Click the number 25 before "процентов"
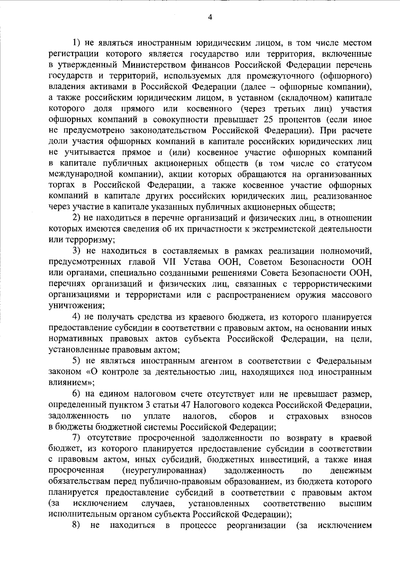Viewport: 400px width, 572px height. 269,119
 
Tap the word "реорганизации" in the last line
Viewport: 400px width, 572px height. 256,526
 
